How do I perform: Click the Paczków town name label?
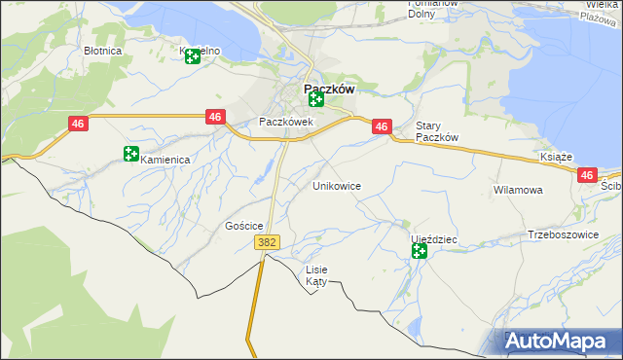pos(322,87)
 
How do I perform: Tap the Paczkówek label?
pos(285,122)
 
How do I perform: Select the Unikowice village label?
pos(337,185)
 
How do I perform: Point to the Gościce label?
pos(244,226)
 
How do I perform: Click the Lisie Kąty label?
pos(317,275)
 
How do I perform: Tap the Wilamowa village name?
pos(518,190)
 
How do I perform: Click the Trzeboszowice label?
pos(560,234)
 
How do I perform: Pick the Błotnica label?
pos(102,50)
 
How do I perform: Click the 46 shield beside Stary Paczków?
pos(382,126)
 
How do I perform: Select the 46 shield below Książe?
pos(586,175)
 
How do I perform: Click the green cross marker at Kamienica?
pos(131,153)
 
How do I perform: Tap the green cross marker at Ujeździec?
pos(419,251)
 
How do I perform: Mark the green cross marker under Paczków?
pos(315,99)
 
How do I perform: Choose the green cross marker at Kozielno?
pos(192,54)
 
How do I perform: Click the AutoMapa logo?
pos(560,342)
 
